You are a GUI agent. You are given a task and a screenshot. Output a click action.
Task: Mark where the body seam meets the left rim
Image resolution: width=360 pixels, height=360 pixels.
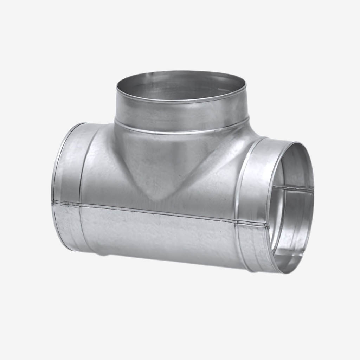point(53,202)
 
